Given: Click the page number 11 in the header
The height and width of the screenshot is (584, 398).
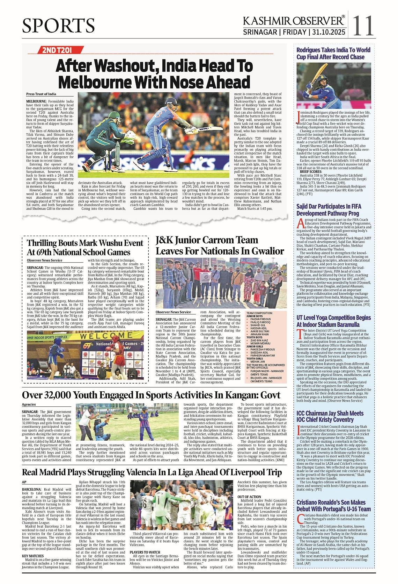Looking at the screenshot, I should pyautogui.click(x=363, y=26).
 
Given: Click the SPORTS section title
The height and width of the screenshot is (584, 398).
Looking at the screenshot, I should pyautogui.click(x=58, y=26).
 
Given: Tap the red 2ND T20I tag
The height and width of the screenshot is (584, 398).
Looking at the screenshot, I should pyautogui.click(x=57, y=50).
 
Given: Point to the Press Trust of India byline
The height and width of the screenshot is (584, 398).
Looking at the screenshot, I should pyautogui.click(x=41, y=94).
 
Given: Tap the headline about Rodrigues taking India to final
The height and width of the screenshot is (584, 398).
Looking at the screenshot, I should pyautogui.click(x=333, y=54).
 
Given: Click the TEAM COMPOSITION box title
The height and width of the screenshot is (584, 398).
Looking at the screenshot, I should pyautogui.click(x=259, y=313).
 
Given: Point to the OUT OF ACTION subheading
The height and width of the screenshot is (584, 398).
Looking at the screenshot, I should pyautogui.click(x=249, y=497).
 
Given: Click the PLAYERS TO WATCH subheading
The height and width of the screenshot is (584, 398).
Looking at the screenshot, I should pyautogui.click(x=145, y=552).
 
